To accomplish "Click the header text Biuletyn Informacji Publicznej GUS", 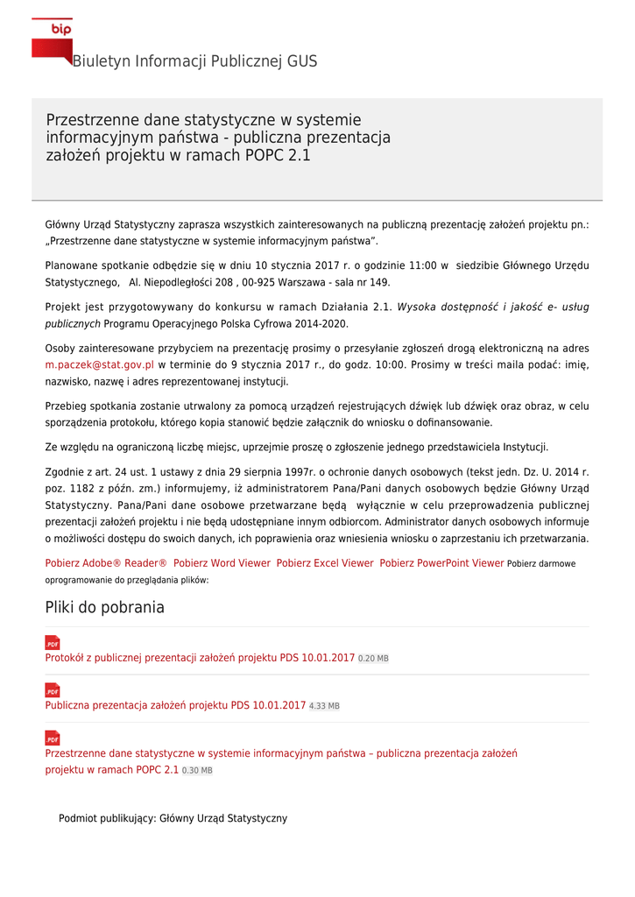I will [194, 61].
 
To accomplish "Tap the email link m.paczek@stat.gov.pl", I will [99, 364].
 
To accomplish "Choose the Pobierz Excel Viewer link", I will [325, 563].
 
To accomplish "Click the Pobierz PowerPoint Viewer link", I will [441, 563].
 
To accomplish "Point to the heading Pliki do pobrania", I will [104, 607].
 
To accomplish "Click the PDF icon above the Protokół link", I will [53, 643].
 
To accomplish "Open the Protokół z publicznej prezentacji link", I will [200, 658].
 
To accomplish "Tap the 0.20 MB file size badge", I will [373, 659].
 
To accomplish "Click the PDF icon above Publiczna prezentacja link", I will [53, 690].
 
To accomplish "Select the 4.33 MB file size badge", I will [324, 706].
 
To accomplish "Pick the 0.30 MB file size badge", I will [197, 771].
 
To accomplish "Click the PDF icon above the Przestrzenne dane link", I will [53, 738].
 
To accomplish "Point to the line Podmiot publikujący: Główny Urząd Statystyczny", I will [173, 818].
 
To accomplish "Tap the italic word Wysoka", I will [416, 307].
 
